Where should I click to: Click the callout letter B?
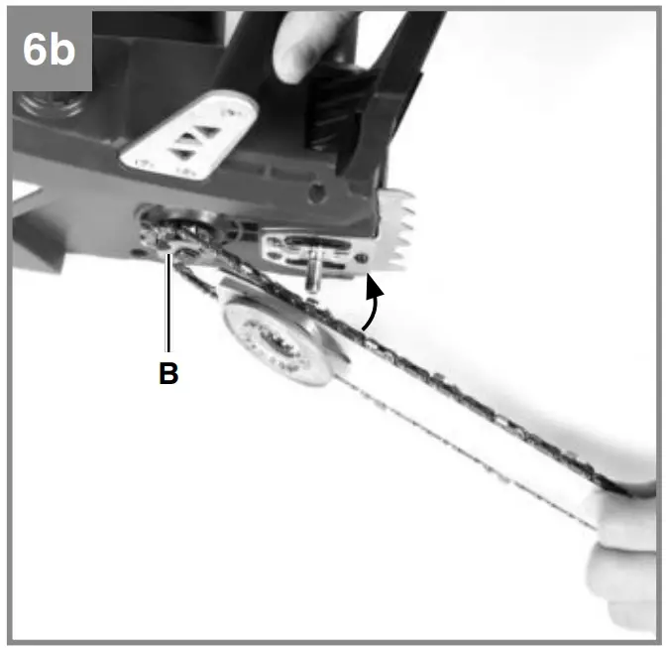coord(168,376)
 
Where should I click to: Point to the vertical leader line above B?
coord(169,308)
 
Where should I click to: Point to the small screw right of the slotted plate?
coord(365,259)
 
